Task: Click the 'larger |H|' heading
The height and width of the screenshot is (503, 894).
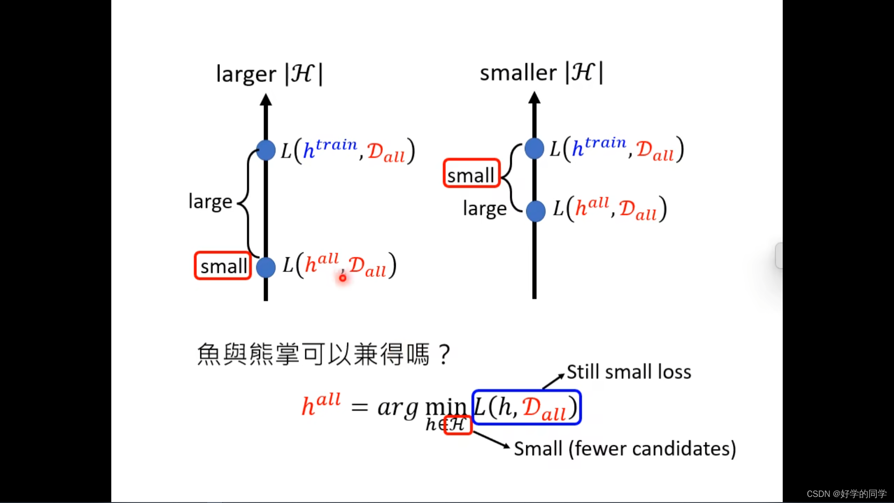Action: coord(269,74)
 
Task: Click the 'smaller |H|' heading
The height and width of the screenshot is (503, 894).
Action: coord(541,73)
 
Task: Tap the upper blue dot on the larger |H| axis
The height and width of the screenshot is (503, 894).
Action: coord(266,150)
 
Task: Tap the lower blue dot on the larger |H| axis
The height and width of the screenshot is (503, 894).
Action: coord(266,267)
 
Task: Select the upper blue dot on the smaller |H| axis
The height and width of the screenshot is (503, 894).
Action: coord(535,149)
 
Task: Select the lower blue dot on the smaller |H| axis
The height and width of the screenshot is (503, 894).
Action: coord(535,211)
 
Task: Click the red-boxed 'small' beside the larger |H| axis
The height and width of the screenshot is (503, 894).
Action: coord(223,266)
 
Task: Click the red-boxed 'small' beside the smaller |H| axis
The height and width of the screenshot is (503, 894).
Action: coord(471,174)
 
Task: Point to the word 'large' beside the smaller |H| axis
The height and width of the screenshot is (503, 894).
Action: coord(484,209)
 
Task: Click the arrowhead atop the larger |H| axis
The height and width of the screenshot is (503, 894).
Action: coord(266,100)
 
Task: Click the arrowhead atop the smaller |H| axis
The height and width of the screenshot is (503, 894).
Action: coord(535,98)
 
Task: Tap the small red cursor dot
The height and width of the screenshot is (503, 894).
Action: coord(343,278)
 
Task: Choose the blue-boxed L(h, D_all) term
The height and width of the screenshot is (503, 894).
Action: coord(526,408)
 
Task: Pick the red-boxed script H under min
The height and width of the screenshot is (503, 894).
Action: coord(458,425)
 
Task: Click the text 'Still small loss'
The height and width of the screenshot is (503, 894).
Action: coord(629,372)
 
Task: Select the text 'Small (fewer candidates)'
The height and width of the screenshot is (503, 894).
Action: coord(624,449)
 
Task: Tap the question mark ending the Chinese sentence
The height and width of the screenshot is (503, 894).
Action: coord(445,354)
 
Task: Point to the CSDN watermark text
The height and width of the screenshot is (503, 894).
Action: coord(846,494)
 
